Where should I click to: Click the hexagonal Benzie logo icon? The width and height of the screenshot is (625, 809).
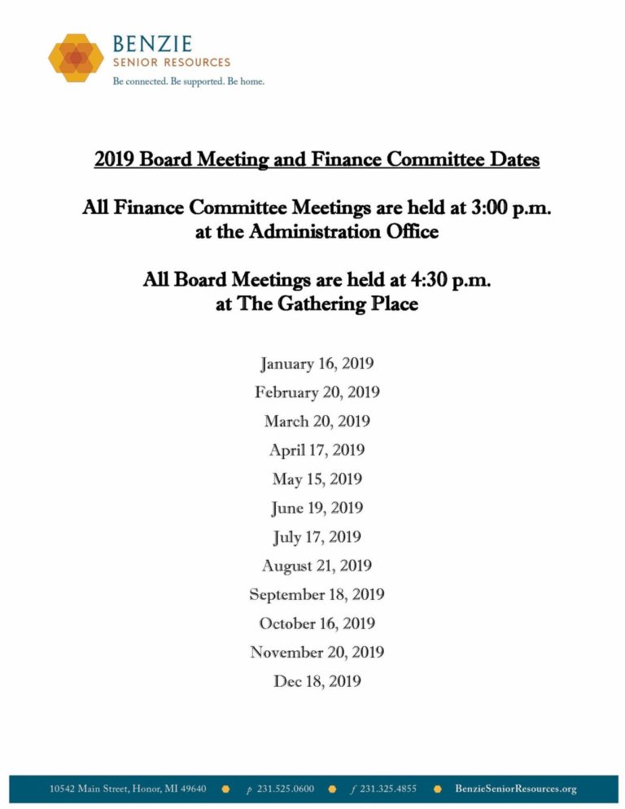[x=76, y=57]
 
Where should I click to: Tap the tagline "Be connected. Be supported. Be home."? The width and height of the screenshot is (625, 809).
[x=189, y=81]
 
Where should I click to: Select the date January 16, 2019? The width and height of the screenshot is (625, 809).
[x=317, y=363]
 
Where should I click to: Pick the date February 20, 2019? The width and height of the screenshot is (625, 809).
[x=317, y=392]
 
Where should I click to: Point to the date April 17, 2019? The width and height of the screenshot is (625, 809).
[x=317, y=450]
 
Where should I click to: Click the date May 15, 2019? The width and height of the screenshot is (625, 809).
[x=317, y=479]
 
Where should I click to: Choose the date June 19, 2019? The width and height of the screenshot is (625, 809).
[x=317, y=508]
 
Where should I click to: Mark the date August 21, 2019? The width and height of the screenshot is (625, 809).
[x=317, y=566]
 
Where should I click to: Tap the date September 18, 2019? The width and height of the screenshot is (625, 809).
[x=317, y=595]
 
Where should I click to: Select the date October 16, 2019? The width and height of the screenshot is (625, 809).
[x=317, y=623]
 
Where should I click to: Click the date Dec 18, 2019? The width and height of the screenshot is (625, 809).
[x=317, y=681]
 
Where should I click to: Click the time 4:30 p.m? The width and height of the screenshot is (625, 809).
[x=450, y=281]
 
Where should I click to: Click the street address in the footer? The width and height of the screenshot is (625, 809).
[x=128, y=789]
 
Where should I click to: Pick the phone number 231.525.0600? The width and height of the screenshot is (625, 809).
[x=285, y=789]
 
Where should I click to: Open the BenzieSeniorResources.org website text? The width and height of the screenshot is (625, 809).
[x=515, y=789]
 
